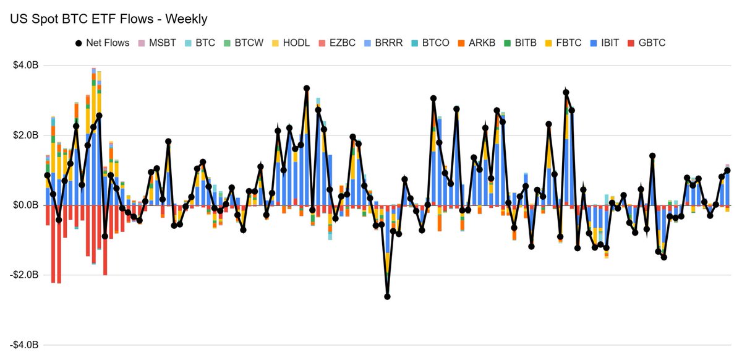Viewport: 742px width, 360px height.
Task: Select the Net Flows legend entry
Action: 102,43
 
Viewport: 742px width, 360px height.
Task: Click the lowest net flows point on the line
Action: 387,296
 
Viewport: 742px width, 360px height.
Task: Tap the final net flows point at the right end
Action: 727,171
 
